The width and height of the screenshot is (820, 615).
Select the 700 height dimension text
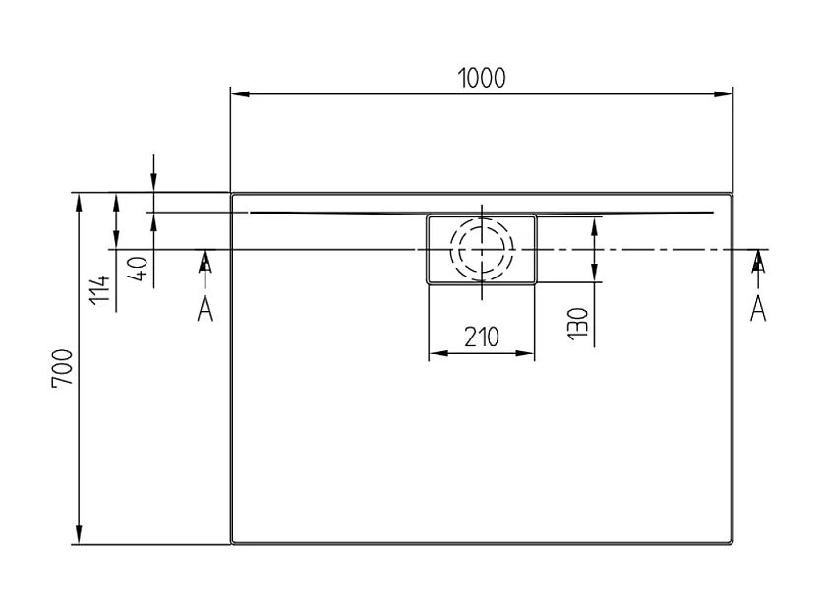[x=60, y=368]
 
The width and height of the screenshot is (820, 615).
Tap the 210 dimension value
[x=481, y=338]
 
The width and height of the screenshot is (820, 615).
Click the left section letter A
[x=205, y=308]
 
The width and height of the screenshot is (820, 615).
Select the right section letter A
[x=757, y=308]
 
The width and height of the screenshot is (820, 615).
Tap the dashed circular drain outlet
[x=482, y=250]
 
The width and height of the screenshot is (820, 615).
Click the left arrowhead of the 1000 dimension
[x=238, y=94]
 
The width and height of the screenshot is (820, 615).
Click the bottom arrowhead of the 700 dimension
[x=79, y=536]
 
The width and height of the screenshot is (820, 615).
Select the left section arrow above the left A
[x=205, y=261]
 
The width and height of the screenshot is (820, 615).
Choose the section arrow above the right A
[x=757, y=261]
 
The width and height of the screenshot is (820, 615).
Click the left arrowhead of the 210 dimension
[x=434, y=354]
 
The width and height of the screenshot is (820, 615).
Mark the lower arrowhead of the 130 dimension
[x=594, y=275]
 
